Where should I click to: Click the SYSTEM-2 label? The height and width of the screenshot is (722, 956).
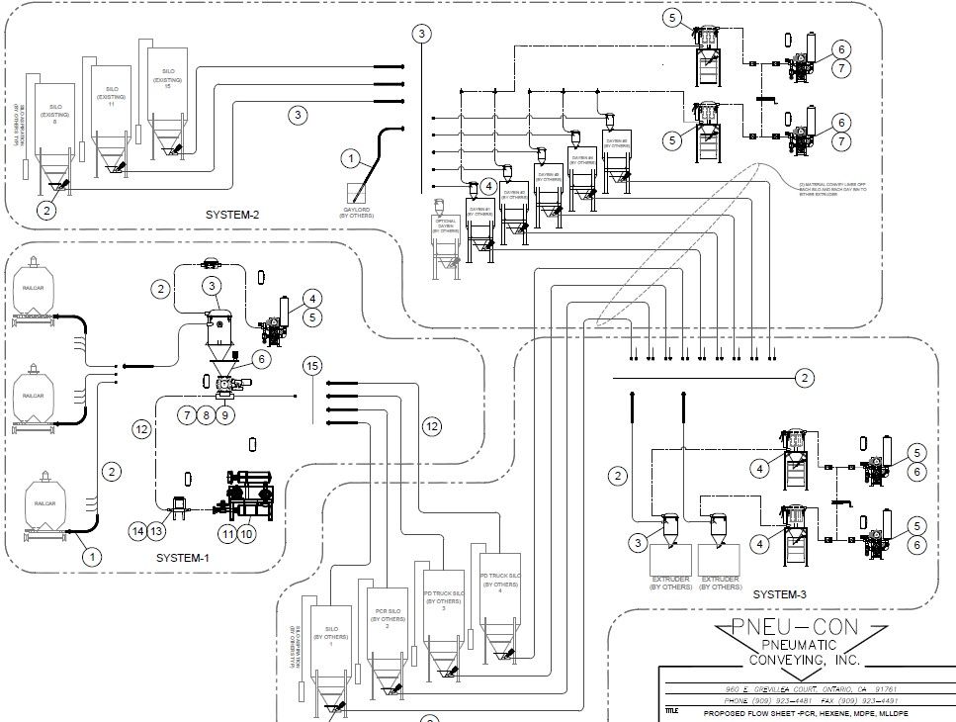[233, 215]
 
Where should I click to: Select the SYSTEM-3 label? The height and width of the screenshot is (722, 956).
[780, 594]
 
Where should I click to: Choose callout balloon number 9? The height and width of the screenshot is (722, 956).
[227, 415]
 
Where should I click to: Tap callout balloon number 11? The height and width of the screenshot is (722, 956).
[228, 534]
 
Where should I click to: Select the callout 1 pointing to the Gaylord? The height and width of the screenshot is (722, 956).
[349, 157]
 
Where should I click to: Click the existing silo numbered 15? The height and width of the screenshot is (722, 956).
[168, 99]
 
